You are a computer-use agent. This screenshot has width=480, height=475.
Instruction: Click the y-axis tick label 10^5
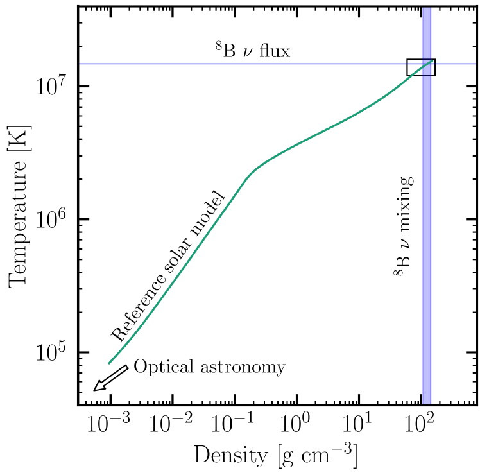[54, 352]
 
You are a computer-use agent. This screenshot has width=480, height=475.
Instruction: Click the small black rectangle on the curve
[421, 67]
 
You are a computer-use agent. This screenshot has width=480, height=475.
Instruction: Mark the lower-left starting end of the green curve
[109, 363]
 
